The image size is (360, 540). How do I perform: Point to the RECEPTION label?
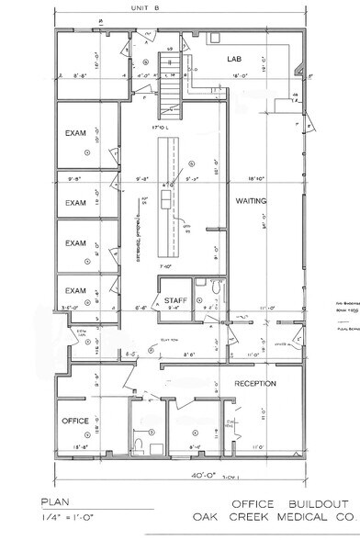pyautogui.click(x=255, y=382)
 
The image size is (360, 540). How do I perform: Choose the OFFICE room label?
pyautogui.click(x=76, y=421)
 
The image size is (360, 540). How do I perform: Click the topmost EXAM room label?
pyautogui.click(x=75, y=133)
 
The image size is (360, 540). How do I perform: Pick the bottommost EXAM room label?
pyautogui.click(x=75, y=291)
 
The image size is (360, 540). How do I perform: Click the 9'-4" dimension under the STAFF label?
pyautogui.click(x=174, y=309)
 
